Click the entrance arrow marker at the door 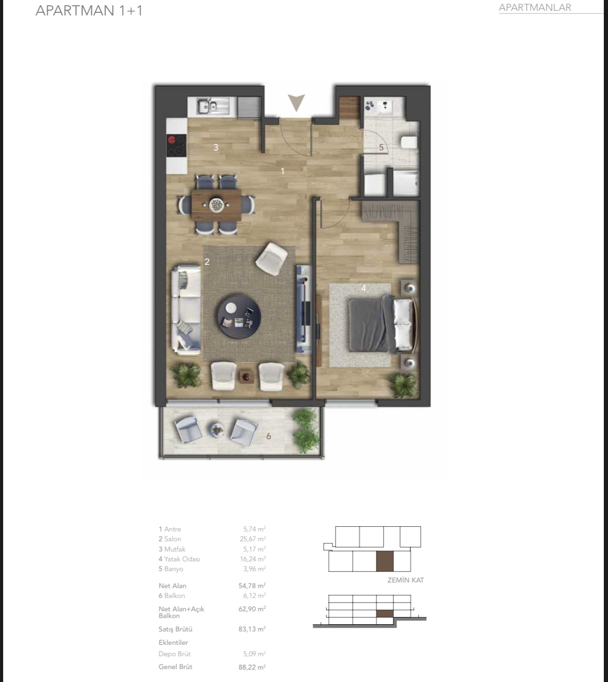click(x=296, y=101)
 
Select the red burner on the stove click(x=172, y=139)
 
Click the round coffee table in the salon click(x=239, y=317)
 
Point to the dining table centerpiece click(x=216, y=204)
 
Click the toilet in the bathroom click(x=409, y=142)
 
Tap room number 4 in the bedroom click(x=364, y=288)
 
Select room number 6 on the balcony click(x=269, y=436)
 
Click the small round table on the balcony click(x=216, y=430)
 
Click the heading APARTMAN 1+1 click(x=89, y=10)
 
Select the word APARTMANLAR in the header click(x=535, y=7)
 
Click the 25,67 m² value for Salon click(x=253, y=539)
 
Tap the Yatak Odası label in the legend click(x=182, y=559)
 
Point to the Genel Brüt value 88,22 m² click(x=252, y=667)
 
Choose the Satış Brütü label click(x=175, y=629)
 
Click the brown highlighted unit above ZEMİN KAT click(x=385, y=561)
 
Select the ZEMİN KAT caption click(x=405, y=580)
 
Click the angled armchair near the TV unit click(x=271, y=259)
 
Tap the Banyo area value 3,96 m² click(x=254, y=569)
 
